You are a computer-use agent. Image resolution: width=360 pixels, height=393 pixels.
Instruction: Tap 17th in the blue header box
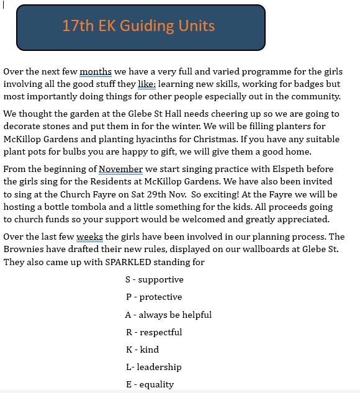pyautogui.click(x=78, y=26)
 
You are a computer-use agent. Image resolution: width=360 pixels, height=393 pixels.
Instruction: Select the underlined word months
pyautogui.click(x=96, y=72)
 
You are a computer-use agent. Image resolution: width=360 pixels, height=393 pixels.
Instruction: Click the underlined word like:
pyautogui.click(x=146, y=84)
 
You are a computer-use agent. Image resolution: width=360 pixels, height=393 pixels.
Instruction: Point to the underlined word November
pyautogui.click(x=120, y=169)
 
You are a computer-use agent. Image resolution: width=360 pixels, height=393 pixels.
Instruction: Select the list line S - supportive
pyautogui.click(x=154, y=280)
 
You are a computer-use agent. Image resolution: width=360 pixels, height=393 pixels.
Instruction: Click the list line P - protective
pyautogui.click(x=154, y=297)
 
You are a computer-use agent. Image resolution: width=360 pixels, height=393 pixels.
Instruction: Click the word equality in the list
pyautogui.click(x=156, y=384)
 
